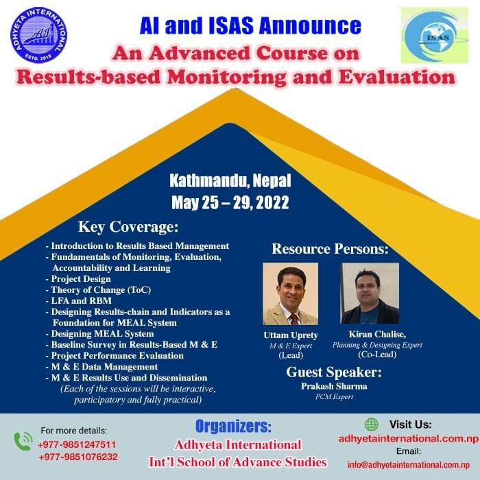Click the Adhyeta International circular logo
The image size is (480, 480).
click(38, 35)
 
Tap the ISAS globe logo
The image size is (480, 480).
click(435, 35)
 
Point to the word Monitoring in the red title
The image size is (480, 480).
click(227, 77)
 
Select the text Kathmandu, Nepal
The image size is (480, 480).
click(230, 180)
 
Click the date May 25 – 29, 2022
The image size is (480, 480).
click(230, 203)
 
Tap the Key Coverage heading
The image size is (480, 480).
click(128, 227)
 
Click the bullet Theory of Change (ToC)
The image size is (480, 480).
click(99, 289)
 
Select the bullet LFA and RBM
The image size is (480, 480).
click(79, 300)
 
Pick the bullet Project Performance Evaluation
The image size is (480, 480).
click(115, 355)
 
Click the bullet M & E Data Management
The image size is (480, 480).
click(102, 367)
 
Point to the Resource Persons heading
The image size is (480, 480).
click(330, 249)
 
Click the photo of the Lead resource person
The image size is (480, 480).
click(291, 293)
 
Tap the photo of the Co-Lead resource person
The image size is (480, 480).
click(370, 293)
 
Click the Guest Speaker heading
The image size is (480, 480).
click(334, 372)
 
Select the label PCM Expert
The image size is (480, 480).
click(335, 397)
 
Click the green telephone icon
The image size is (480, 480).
click(23, 441)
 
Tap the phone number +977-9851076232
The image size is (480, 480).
click(78, 457)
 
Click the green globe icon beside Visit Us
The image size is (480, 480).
click(372, 424)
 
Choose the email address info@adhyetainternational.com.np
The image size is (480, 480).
click(409, 465)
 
